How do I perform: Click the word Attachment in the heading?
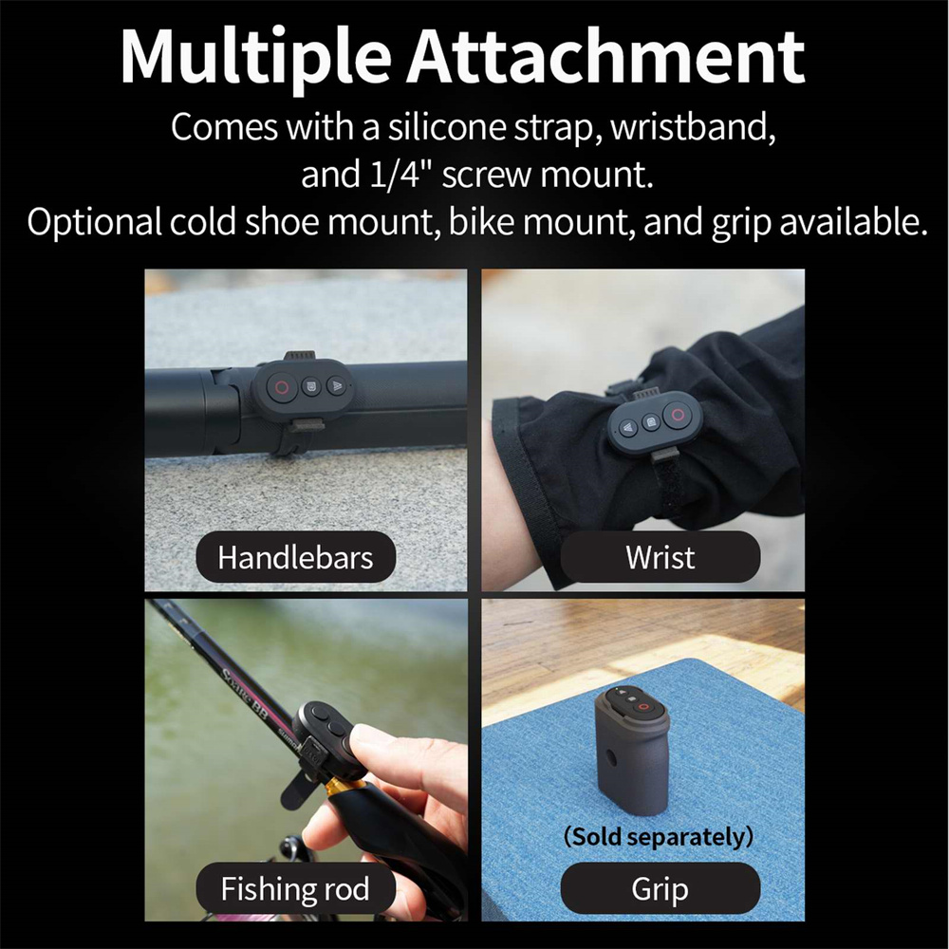coord(605,56)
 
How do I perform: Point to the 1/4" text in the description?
coord(394,174)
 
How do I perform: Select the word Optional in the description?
coord(94,222)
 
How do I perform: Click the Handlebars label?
coord(295,557)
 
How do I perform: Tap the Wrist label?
coord(660,557)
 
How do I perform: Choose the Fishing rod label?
coord(295,888)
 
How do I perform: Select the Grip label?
coord(660,888)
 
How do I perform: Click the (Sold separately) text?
coord(659,836)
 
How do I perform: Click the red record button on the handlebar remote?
coord(280,386)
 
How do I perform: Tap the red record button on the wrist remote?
coord(678,415)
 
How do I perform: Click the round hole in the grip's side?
coord(609,757)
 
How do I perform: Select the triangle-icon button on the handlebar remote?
coord(336,384)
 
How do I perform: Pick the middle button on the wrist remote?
coord(650,421)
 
